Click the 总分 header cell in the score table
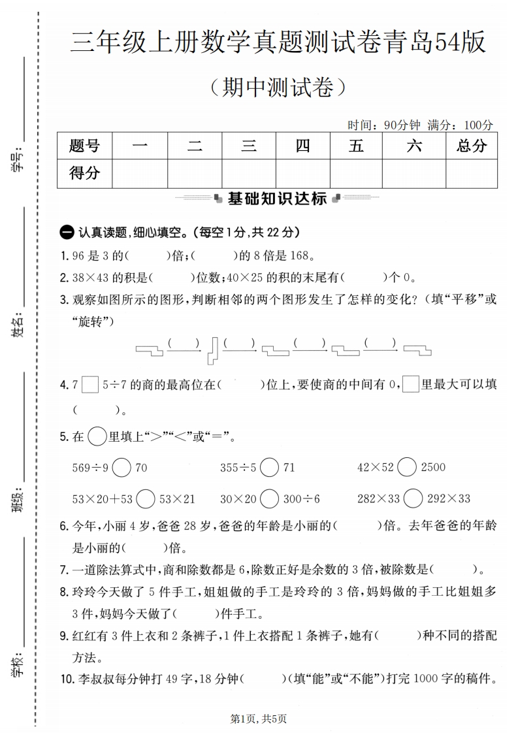(x=472, y=146)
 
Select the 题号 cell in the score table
(x=85, y=146)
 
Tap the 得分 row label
(x=85, y=174)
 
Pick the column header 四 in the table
(x=302, y=146)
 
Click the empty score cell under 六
(x=414, y=174)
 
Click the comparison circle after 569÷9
(x=121, y=467)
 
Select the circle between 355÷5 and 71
(x=270, y=467)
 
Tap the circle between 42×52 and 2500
(x=407, y=467)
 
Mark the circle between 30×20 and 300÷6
(x=270, y=498)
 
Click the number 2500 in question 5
(x=434, y=467)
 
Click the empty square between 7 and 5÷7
(x=91, y=385)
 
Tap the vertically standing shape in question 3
(x=212, y=350)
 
